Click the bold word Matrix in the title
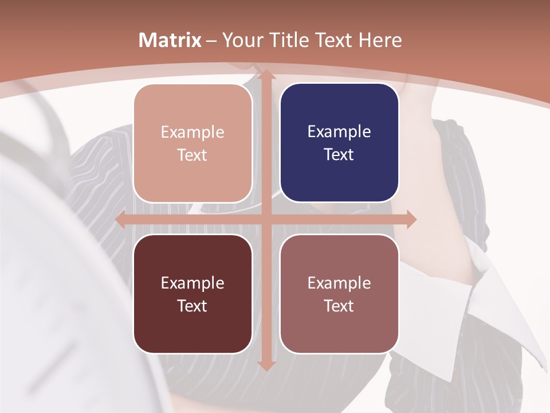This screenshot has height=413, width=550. [x=170, y=40]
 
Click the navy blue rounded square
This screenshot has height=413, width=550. [x=339, y=143]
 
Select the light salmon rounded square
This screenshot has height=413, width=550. [x=192, y=143]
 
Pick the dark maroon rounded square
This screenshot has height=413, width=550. [x=192, y=294]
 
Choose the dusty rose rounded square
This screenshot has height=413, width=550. [x=339, y=294]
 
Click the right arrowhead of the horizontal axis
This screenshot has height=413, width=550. [x=410, y=219]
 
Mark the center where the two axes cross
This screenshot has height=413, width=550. [x=265, y=219]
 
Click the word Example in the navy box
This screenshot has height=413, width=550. [x=339, y=132]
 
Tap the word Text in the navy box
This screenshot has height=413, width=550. [x=339, y=154]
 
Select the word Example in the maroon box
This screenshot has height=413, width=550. [x=192, y=283]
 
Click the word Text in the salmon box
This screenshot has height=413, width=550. [x=192, y=155]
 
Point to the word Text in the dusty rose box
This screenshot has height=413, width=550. [x=339, y=306]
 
